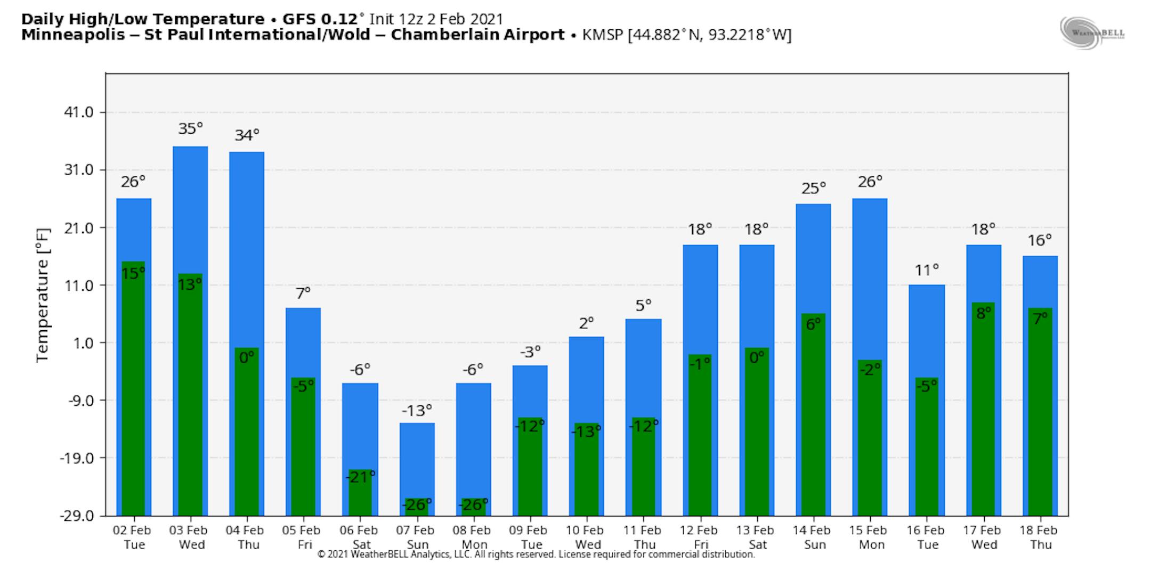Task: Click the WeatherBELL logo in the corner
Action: pos(1092,33)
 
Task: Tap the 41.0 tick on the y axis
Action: pos(79,112)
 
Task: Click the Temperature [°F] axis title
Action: pos(43,296)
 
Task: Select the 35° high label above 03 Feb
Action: pos(190,128)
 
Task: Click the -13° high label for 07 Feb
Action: pos(417,411)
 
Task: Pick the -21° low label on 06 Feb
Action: pos(360,477)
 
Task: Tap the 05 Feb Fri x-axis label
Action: pos(302,537)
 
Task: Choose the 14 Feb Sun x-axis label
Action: pos(812,537)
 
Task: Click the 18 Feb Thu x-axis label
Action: pos(1039,537)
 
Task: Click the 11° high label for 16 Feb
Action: pos(927,271)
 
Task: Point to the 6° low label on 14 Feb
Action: pos(813,324)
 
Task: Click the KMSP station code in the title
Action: pos(603,35)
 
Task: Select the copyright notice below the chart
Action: pos(536,554)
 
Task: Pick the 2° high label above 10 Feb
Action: pos(586,323)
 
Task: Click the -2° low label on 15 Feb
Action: pos(870,369)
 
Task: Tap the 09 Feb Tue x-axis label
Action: pos(528,537)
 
